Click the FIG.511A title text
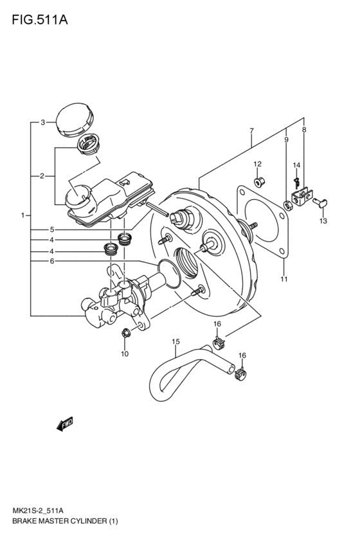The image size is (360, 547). coord(40,20)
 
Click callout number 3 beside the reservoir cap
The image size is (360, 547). coord(42,122)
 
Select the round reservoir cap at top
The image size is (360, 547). coord(75,119)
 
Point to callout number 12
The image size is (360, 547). coord(257,164)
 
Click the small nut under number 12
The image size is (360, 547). coord(259,182)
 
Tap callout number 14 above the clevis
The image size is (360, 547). coord(296,165)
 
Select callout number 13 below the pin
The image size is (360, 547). coord(323,221)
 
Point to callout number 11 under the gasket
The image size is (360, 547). coord(284,279)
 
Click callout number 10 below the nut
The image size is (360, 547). coord(125,354)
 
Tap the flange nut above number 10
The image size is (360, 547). coord(125,333)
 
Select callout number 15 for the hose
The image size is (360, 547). coord(175,341)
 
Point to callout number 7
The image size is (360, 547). coord(251,131)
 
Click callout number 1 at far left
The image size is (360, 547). coord(23,215)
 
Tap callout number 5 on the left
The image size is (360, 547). coord(51,229)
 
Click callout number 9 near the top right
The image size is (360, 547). coord(286,140)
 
